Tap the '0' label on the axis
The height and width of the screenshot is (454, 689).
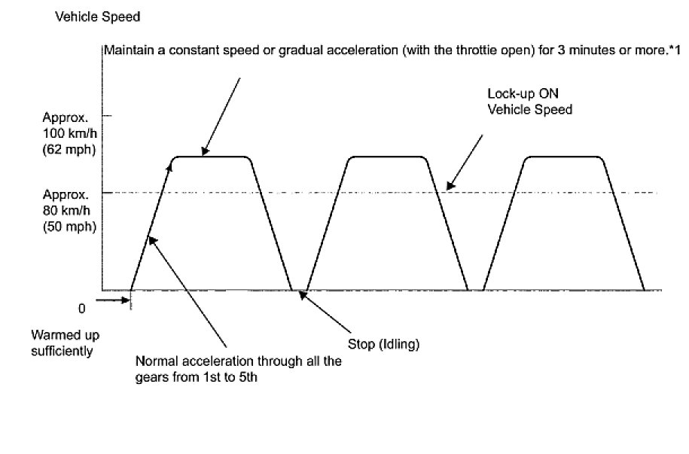(81, 308)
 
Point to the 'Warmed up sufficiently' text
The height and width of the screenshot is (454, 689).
(65, 342)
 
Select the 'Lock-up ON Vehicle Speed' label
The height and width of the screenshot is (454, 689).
(530, 102)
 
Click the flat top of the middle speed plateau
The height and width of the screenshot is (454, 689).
(387, 157)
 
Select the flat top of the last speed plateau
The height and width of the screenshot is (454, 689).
(563, 157)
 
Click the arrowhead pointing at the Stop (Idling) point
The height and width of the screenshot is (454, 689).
(303, 295)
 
